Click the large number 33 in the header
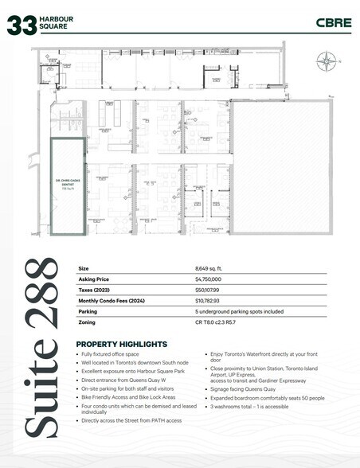click(22, 25)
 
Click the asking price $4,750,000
click(209, 280)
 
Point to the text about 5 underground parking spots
click(239, 312)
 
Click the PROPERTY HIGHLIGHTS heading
click(121, 343)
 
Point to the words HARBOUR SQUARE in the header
click(57, 23)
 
